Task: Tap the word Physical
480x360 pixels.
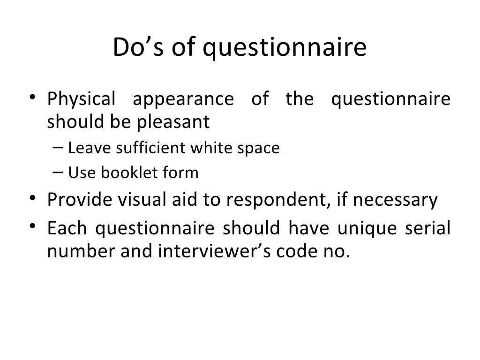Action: click(x=81, y=100)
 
